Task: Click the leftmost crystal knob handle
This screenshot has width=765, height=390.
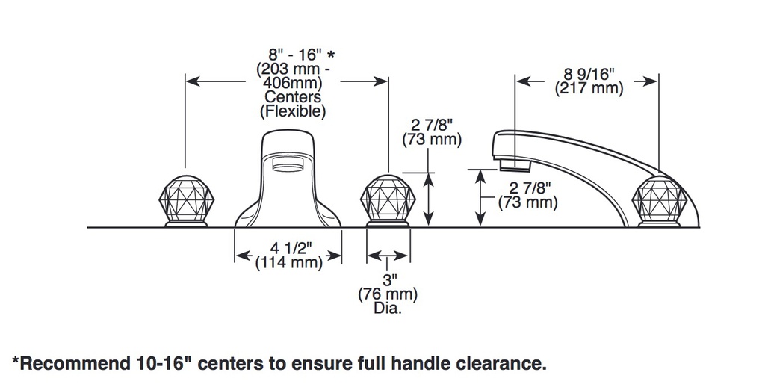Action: click(186, 200)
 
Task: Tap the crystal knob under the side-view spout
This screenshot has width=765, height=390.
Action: click(660, 200)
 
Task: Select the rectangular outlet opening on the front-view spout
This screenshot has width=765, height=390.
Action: click(287, 164)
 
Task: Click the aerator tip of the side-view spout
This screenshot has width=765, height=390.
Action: click(515, 164)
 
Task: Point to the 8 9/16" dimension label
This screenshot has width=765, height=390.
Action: click(589, 74)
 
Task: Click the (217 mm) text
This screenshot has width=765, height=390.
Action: click(589, 89)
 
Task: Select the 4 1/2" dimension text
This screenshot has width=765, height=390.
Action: click(291, 248)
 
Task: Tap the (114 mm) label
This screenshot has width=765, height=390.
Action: click(289, 262)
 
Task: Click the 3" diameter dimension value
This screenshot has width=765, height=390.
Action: click(389, 279)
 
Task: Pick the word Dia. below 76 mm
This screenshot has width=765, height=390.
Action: click(388, 309)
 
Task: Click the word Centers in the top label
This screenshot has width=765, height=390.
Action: click(293, 96)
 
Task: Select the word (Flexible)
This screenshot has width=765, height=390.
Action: click(293, 111)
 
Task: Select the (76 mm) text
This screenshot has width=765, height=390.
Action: click(388, 294)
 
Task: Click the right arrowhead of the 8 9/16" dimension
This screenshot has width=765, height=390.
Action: click(649, 81)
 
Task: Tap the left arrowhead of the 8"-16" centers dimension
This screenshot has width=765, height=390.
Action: click(194, 81)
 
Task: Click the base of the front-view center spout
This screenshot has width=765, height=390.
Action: click(288, 220)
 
